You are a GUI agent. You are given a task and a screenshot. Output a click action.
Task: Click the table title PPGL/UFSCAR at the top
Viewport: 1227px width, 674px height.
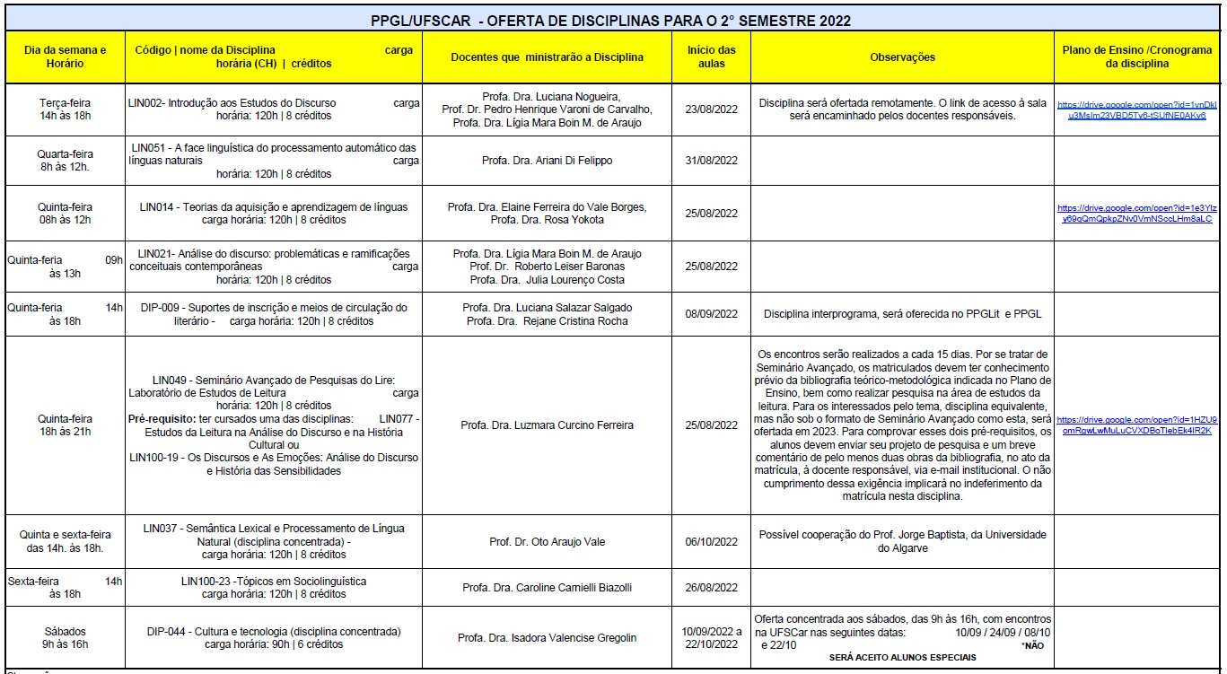click(x=611, y=21)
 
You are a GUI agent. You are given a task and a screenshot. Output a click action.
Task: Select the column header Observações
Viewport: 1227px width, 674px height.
click(x=902, y=57)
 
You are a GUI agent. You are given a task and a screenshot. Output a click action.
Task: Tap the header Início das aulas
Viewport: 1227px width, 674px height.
click(x=711, y=57)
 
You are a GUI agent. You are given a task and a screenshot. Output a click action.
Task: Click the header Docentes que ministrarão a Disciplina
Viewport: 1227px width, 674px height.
click(x=547, y=57)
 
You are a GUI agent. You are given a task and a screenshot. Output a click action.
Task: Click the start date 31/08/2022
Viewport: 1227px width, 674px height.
click(x=711, y=161)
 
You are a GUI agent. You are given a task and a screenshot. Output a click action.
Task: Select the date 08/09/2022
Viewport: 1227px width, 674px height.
click(x=711, y=314)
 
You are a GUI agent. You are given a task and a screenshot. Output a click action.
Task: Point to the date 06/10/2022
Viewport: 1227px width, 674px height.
click(x=711, y=542)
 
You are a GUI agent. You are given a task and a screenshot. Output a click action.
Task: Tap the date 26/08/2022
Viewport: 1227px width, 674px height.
click(x=711, y=588)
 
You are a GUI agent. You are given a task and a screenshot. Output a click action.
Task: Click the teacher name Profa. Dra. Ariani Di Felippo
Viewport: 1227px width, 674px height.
click(x=547, y=161)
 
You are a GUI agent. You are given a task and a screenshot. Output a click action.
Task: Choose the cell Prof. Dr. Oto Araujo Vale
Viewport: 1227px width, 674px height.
click(x=547, y=542)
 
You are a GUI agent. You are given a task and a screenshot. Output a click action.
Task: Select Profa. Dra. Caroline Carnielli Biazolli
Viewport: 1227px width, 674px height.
click(x=547, y=588)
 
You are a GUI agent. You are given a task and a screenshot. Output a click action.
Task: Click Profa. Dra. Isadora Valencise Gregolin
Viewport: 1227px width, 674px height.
click(x=547, y=638)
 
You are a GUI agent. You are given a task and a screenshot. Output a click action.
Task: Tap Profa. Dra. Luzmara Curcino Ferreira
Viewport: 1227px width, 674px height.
click(x=547, y=425)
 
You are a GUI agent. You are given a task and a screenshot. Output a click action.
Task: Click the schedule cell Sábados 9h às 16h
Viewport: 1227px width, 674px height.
click(x=65, y=638)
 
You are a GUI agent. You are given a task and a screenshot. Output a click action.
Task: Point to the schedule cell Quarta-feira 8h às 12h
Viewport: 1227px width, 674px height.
click(x=65, y=161)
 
